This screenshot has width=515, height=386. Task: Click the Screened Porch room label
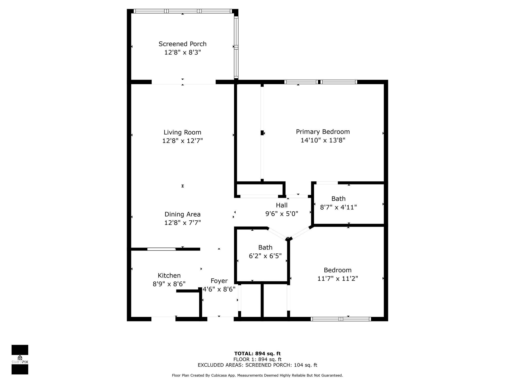(x=182, y=44)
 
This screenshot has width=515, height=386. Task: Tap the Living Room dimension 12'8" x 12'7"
(x=182, y=141)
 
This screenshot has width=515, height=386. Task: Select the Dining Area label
(x=182, y=214)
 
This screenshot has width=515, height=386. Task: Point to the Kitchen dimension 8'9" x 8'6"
(x=169, y=284)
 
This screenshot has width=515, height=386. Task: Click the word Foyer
(x=219, y=281)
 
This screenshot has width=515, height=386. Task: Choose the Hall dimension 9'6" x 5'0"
(x=282, y=214)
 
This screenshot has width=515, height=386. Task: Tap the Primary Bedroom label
(x=323, y=132)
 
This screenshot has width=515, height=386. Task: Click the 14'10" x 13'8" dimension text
(x=323, y=140)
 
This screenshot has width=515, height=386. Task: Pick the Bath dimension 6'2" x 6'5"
(x=265, y=256)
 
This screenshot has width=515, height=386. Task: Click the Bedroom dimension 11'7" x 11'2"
(x=337, y=279)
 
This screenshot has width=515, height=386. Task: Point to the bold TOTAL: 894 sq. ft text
(x=257, y=354)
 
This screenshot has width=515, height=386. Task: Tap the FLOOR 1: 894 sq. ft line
(x=257, y=359)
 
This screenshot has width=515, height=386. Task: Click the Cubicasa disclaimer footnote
(x=257, y=375)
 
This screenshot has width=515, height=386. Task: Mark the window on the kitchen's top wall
(x=161, y=249)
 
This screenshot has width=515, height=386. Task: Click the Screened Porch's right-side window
(x=236, y=47)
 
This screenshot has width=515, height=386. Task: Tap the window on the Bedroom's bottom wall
(x=341, y=319)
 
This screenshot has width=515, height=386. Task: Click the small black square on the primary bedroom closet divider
(x=262, y=133)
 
